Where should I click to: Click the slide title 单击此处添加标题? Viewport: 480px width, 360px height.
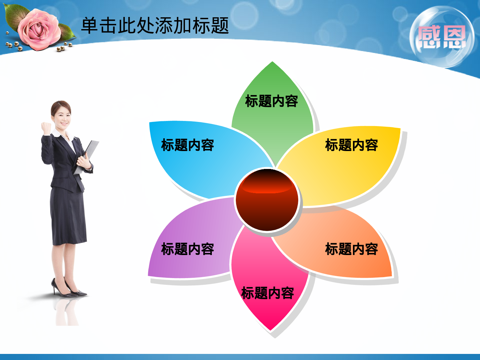click(x=155, y=26)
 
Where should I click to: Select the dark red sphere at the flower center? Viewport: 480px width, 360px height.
click(x=267, y=200)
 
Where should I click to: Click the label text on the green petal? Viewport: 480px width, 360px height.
click(x=271, y=101)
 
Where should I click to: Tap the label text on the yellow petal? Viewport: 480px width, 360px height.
click(x=351, y=145)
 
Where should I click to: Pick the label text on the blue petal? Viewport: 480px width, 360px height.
click(x=188, y=145)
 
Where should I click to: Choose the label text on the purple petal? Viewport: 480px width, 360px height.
click(x=188, y=249)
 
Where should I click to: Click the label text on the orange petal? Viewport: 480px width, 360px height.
click(x=351, y=249)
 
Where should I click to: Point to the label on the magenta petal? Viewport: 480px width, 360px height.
click(x=268, y=293)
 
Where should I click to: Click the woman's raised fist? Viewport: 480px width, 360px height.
click(x=46, y=127)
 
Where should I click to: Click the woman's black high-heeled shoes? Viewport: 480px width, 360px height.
click(x=69, y=290)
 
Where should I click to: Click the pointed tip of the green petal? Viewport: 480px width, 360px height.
click(x=272, y=63)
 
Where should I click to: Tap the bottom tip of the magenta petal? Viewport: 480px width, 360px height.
click(x=270, y=329)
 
